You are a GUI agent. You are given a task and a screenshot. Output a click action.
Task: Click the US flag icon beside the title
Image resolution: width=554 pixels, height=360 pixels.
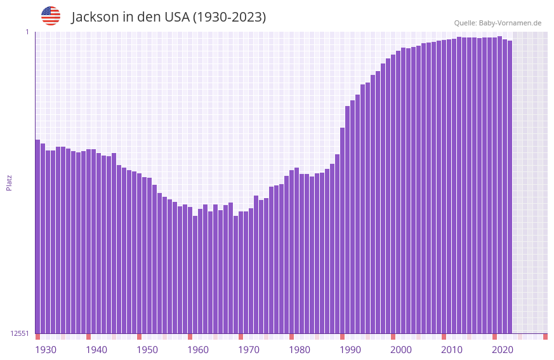point(51,16)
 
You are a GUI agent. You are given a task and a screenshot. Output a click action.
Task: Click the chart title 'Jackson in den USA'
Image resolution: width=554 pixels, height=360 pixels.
point(168,17)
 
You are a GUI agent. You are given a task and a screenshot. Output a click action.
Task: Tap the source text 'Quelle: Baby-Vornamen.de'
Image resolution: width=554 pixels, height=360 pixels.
point(498,23)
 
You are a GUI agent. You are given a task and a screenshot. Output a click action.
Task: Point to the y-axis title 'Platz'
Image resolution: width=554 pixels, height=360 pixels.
point(9,183)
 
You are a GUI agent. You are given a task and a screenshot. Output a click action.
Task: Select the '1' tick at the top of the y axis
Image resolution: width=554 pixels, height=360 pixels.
point(27,32)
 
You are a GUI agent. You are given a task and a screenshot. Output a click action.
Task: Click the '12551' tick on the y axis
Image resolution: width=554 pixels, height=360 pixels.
point(20,333)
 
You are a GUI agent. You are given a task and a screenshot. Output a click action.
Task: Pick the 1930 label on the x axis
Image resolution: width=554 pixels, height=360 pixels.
point(46,350)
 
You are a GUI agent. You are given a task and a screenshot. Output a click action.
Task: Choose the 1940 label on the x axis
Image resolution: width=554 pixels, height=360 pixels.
point(96,350)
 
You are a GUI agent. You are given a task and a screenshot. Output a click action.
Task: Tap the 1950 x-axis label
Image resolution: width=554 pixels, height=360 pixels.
point(147,350)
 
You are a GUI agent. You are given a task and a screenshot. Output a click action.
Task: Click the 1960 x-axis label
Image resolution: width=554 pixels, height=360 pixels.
point(198,350)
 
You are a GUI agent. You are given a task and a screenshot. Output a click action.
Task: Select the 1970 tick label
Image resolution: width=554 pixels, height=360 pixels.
point(249,350)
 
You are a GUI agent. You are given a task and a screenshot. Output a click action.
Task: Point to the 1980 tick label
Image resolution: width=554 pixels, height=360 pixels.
point(300,350)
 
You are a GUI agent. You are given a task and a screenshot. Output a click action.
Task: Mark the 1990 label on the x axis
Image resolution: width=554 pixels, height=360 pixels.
point(350,350)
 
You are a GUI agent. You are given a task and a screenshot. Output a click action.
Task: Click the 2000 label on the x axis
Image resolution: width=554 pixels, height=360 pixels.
point(401,350)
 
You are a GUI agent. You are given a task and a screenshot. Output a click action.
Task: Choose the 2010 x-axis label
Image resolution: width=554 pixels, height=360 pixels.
point(452,350)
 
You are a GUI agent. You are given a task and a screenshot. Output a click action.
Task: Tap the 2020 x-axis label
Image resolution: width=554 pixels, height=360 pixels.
point(503,350)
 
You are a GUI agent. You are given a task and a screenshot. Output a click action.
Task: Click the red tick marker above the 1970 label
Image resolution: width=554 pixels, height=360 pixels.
point(241,337)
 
